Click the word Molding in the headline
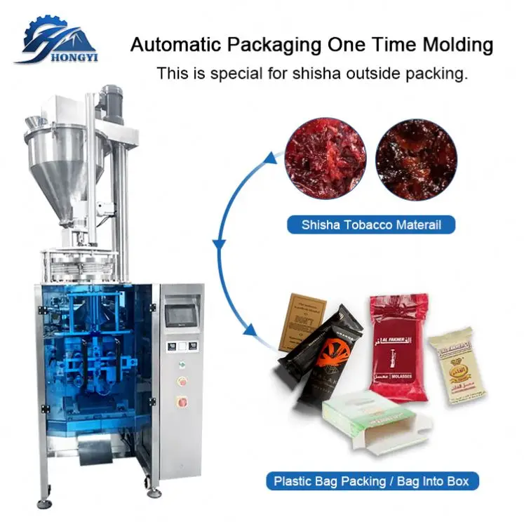[x=457, y=46]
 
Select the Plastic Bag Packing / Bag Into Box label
[x=372, y=482]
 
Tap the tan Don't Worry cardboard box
[x=302, y=322]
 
